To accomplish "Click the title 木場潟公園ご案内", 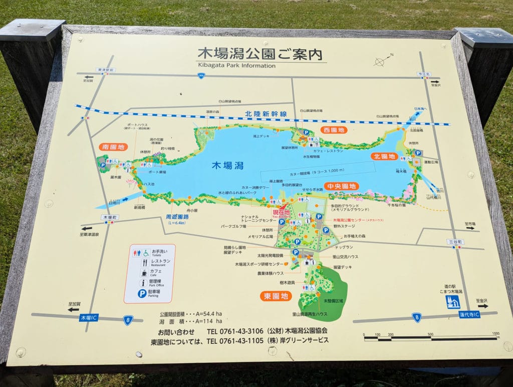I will coord(260,54).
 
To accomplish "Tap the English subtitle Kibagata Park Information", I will coord(236,65).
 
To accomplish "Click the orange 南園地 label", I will coord(113,147).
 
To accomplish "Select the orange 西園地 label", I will coord(334,130).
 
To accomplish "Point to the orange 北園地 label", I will coord(384,157).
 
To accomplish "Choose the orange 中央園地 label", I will coord(342,186).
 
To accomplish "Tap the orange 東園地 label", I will coord(276,296).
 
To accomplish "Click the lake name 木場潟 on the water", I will coord(228,165).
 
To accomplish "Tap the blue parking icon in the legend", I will coord(142,293).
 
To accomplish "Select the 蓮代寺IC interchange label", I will coord(469,314).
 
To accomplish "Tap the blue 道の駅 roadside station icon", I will coord(453,302).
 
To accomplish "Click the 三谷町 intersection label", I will coord(455,242).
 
